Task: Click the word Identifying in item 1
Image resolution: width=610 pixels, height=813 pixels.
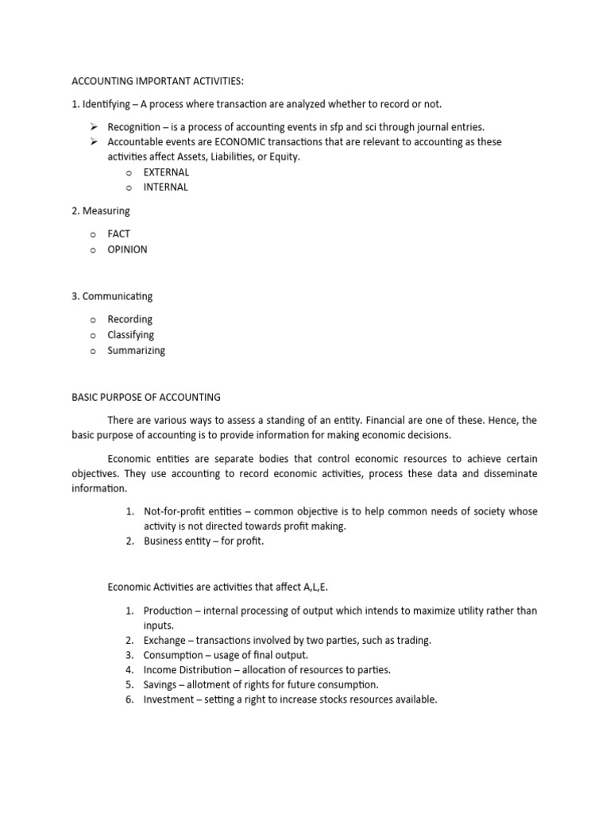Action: pos(108,104)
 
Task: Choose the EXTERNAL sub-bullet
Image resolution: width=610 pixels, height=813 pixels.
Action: pos(166,171)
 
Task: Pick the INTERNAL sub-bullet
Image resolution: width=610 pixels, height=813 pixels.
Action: pos(165,187)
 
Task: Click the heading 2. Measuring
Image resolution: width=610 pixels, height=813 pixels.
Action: pos(100,211)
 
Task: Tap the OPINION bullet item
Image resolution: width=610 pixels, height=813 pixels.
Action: pos(127,249)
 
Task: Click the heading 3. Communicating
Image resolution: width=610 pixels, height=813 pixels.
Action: pos(112,296)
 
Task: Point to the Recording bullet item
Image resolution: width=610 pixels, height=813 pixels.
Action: pos(130,319)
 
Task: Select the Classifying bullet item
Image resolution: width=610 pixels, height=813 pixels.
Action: pos(131,335)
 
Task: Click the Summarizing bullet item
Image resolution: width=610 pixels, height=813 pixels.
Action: pos(137,350)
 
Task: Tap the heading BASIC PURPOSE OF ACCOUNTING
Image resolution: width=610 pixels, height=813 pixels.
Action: pos(146,397)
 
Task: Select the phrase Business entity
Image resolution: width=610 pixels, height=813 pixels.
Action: pos(176,541)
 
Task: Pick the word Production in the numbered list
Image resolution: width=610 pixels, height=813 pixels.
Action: pos(168,611)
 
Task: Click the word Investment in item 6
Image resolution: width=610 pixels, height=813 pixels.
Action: pos(169,699)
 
